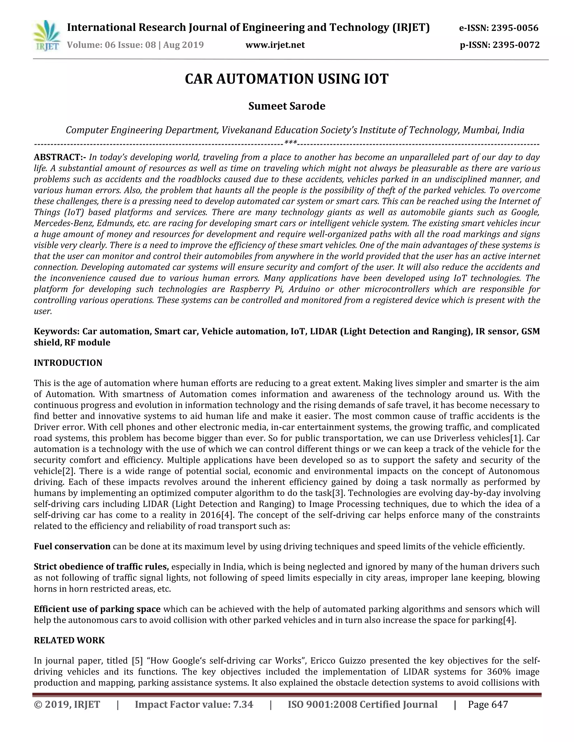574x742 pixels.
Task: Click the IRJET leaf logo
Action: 47,35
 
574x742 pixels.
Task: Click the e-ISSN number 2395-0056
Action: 515,28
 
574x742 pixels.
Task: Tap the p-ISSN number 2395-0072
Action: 516,45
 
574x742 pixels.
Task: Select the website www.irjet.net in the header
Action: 275,45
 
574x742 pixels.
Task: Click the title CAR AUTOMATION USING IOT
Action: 286,79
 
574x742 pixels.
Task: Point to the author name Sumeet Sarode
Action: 286,106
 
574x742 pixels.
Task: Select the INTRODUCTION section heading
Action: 68,363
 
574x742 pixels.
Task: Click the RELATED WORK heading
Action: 70,640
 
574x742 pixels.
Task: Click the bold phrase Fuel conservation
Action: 72,546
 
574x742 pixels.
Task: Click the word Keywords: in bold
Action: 56,331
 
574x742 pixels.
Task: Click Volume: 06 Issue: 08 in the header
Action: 111,45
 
